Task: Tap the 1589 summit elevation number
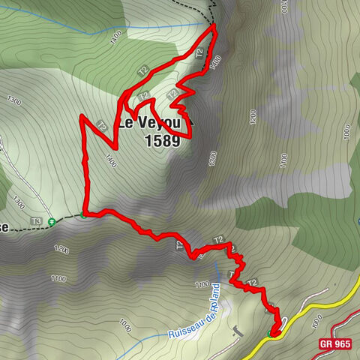click(159, 140)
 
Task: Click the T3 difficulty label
click(36, 221)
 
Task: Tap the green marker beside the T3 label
click(51, 221)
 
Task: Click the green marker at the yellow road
click(271, 333)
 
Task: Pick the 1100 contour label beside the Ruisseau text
click(201, 284)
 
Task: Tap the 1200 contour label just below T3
click(61, 249)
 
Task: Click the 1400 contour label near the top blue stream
click(115, 36)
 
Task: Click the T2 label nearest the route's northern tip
click(199, 54)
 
